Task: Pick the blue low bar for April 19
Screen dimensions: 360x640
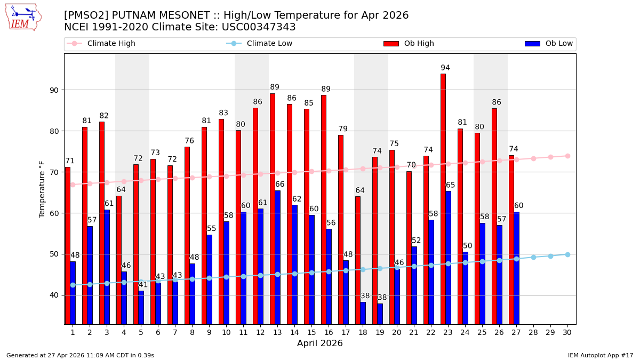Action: [x=380, y=314]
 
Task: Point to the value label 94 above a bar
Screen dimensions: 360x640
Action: [x=445, y=68]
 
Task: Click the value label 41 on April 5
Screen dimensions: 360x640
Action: [x=143, y=285]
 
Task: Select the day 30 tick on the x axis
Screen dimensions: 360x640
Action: [x=567, y=332]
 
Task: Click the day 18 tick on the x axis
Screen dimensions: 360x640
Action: [x=363, y=332]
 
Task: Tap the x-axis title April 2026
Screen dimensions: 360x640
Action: [x=320, y=343]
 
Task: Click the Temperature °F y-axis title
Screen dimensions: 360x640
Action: [x=43, y=189]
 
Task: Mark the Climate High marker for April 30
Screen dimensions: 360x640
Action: [x=567, y=156]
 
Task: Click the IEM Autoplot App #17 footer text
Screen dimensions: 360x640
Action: [x=601, y=355]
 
